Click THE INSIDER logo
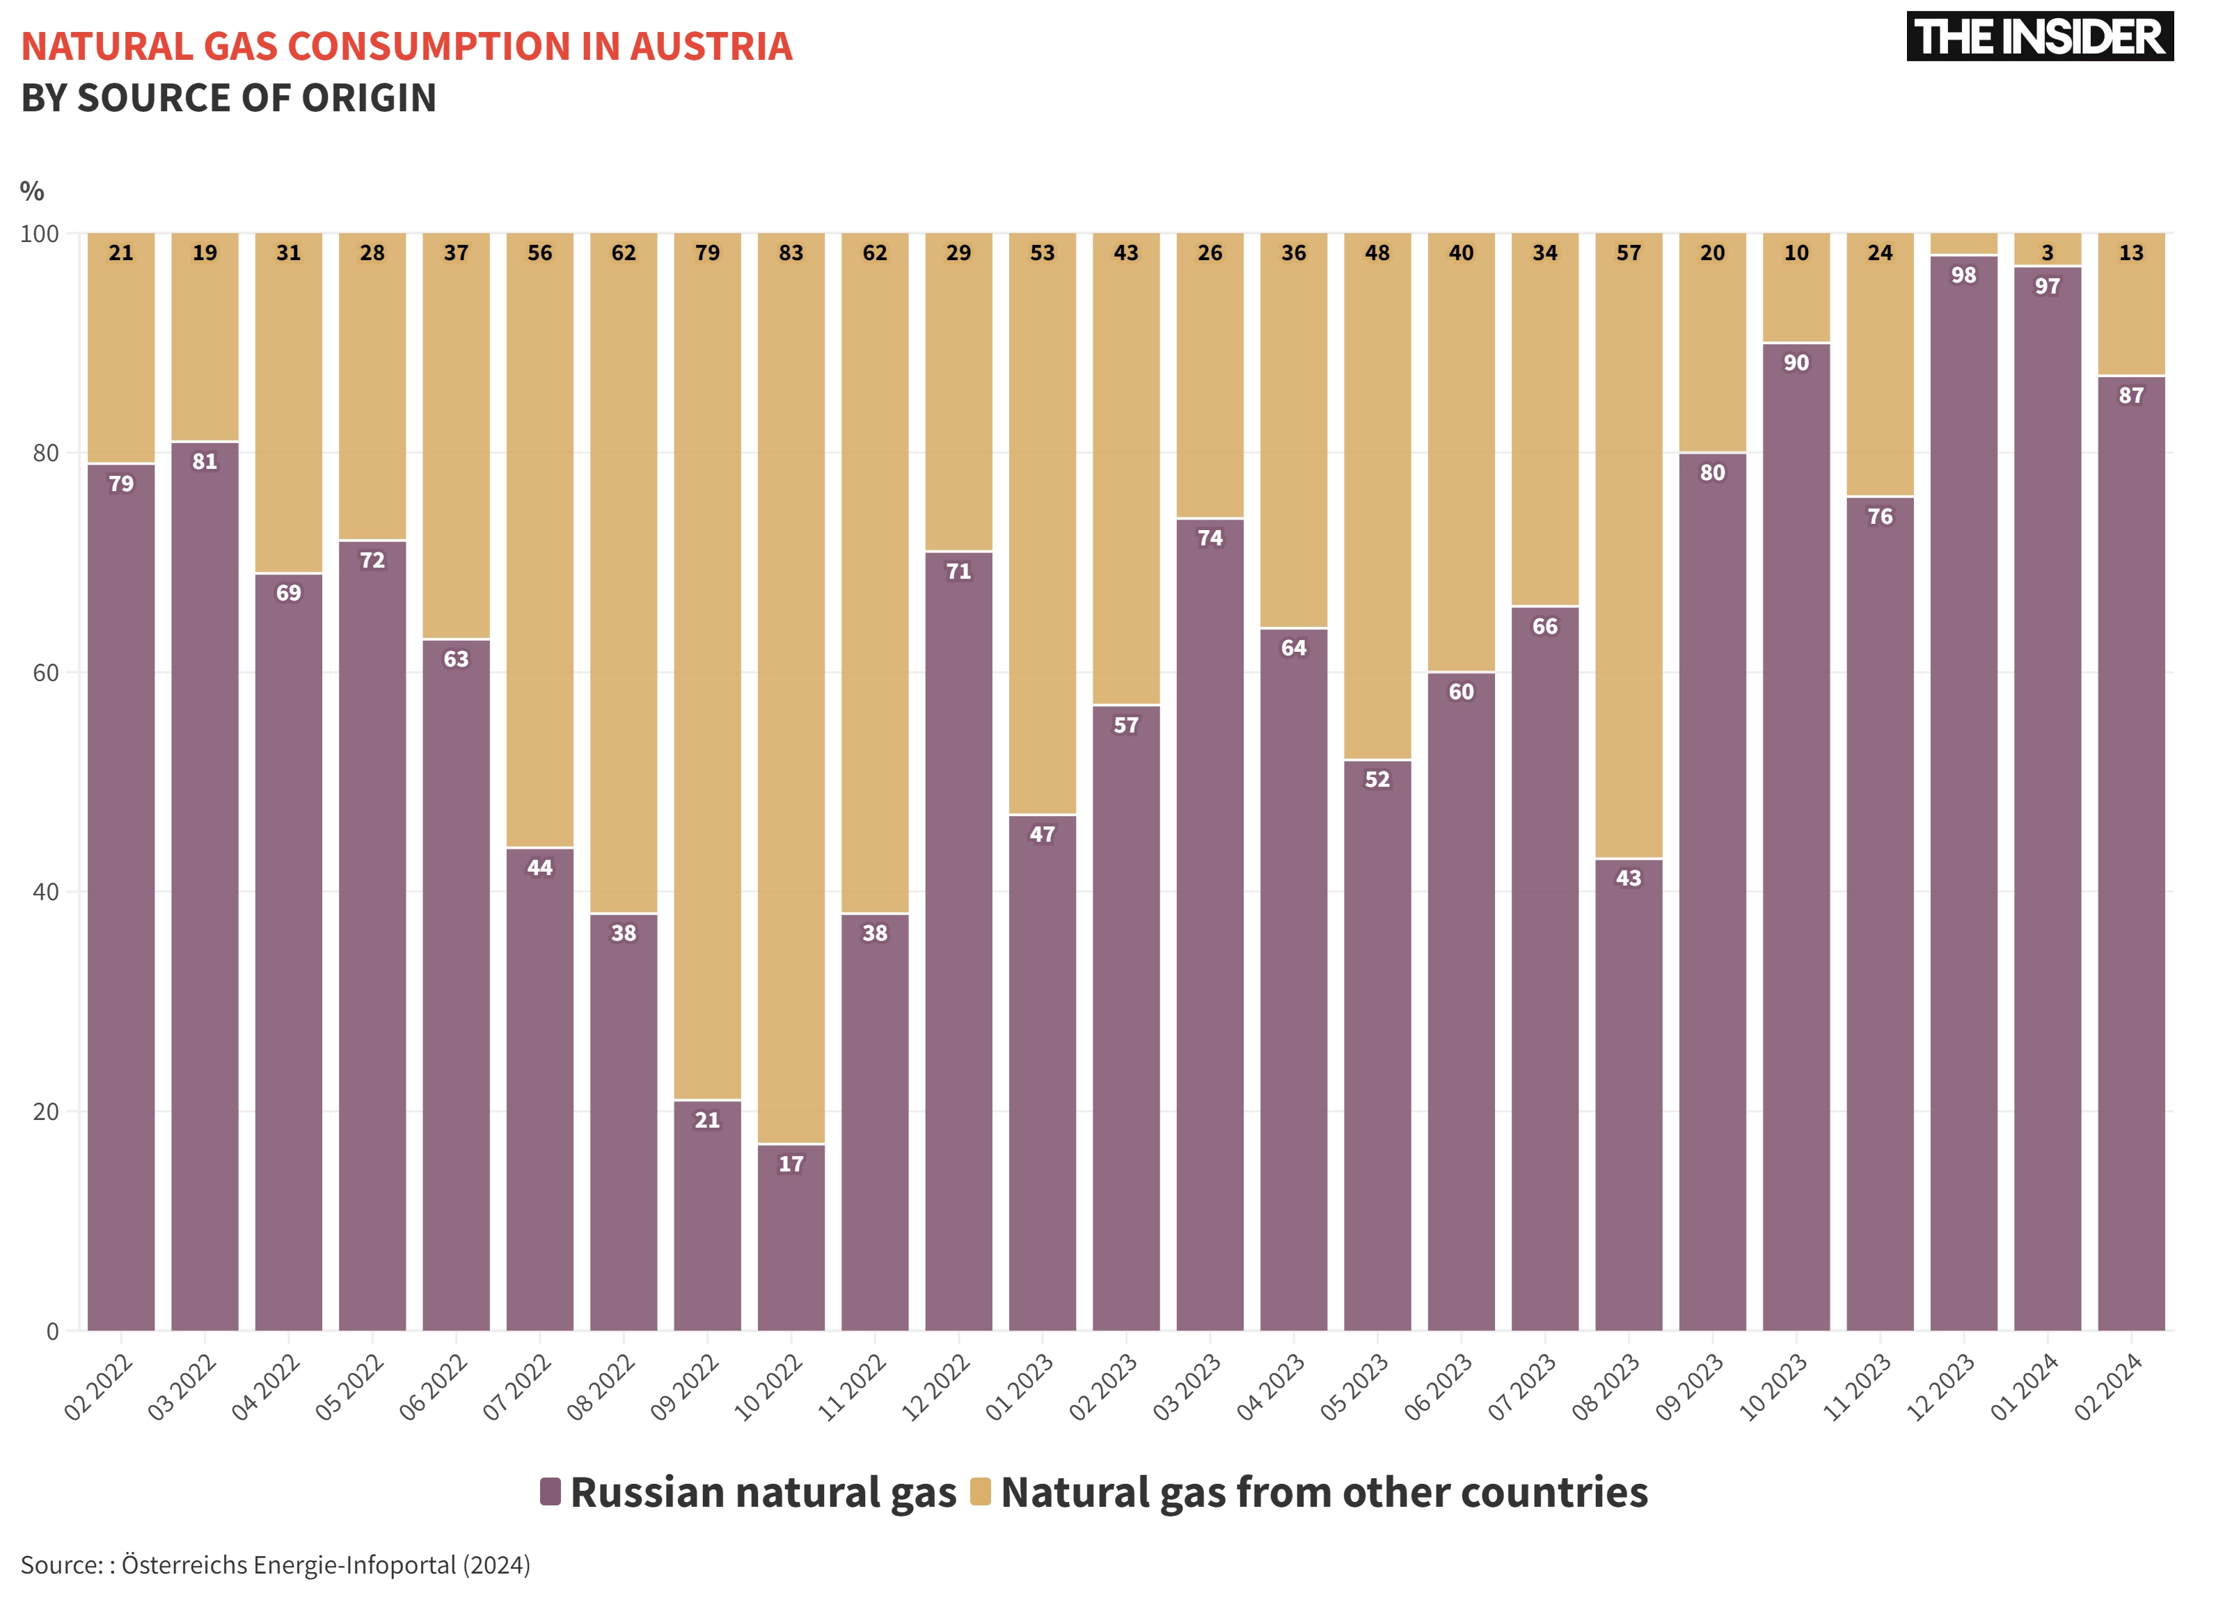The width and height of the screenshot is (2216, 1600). click(x=2039, y=37)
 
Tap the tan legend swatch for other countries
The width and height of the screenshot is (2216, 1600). click(x=980, y=1491)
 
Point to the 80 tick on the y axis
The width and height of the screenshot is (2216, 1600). click(x=46, y=454)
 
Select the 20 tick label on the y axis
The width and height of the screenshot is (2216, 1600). click(x=46, y=1112)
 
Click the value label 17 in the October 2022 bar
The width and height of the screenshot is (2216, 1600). click(x=791, y=1163)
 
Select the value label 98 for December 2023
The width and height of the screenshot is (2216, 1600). click(x=1964, y=275)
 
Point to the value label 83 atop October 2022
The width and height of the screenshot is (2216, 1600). click(x=791, y=253)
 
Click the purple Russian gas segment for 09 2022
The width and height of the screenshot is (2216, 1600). click(x=707, y=1216)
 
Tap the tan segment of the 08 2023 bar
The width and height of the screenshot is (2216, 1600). click(x=1629, y=546)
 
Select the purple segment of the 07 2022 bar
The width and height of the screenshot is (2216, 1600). click(x=540, y=1089)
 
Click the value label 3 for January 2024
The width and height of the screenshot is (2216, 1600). click(x=2048, y=253)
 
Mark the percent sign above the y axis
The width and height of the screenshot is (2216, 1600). click(x=32, y=191)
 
